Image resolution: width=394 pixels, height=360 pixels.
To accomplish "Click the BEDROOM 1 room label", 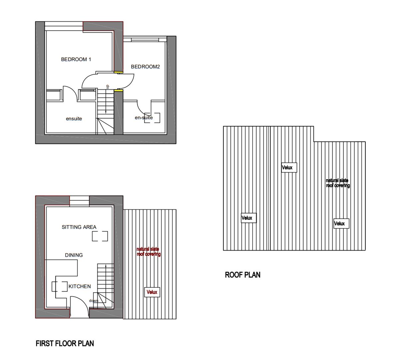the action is coord(76,60).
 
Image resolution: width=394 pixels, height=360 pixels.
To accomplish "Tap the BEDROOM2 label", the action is coord(145,67).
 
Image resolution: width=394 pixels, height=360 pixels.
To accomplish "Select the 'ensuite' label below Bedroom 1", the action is coord(74,119).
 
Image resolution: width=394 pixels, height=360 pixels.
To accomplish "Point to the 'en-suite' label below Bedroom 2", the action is coord(144,118).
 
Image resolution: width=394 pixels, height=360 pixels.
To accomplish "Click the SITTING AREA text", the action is coord(79,227).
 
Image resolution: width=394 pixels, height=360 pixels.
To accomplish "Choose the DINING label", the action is coord(74,255).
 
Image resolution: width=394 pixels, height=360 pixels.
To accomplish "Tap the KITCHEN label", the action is coord(80,286).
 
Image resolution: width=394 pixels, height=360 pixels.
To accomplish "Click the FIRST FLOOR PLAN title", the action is coord(65,343).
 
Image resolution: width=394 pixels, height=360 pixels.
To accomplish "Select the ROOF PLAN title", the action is coord(243,275).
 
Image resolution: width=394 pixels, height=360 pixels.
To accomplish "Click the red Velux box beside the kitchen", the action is coord(152,292).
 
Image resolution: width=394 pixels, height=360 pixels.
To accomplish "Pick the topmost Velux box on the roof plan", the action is coord(289,168).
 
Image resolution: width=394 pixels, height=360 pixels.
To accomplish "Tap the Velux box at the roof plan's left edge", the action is coord(249,218).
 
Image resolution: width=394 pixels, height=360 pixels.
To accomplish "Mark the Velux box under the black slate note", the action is coord(341,224).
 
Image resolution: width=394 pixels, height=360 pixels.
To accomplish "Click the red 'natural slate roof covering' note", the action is coord(149,252).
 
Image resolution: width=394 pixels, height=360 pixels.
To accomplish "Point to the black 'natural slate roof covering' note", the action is coord(338,183).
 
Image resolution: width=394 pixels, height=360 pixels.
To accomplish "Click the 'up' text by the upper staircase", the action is coord(107,87).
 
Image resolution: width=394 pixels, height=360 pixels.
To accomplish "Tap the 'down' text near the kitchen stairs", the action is coord(94,301).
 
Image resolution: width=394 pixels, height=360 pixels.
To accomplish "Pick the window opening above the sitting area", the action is coord(79,200).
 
